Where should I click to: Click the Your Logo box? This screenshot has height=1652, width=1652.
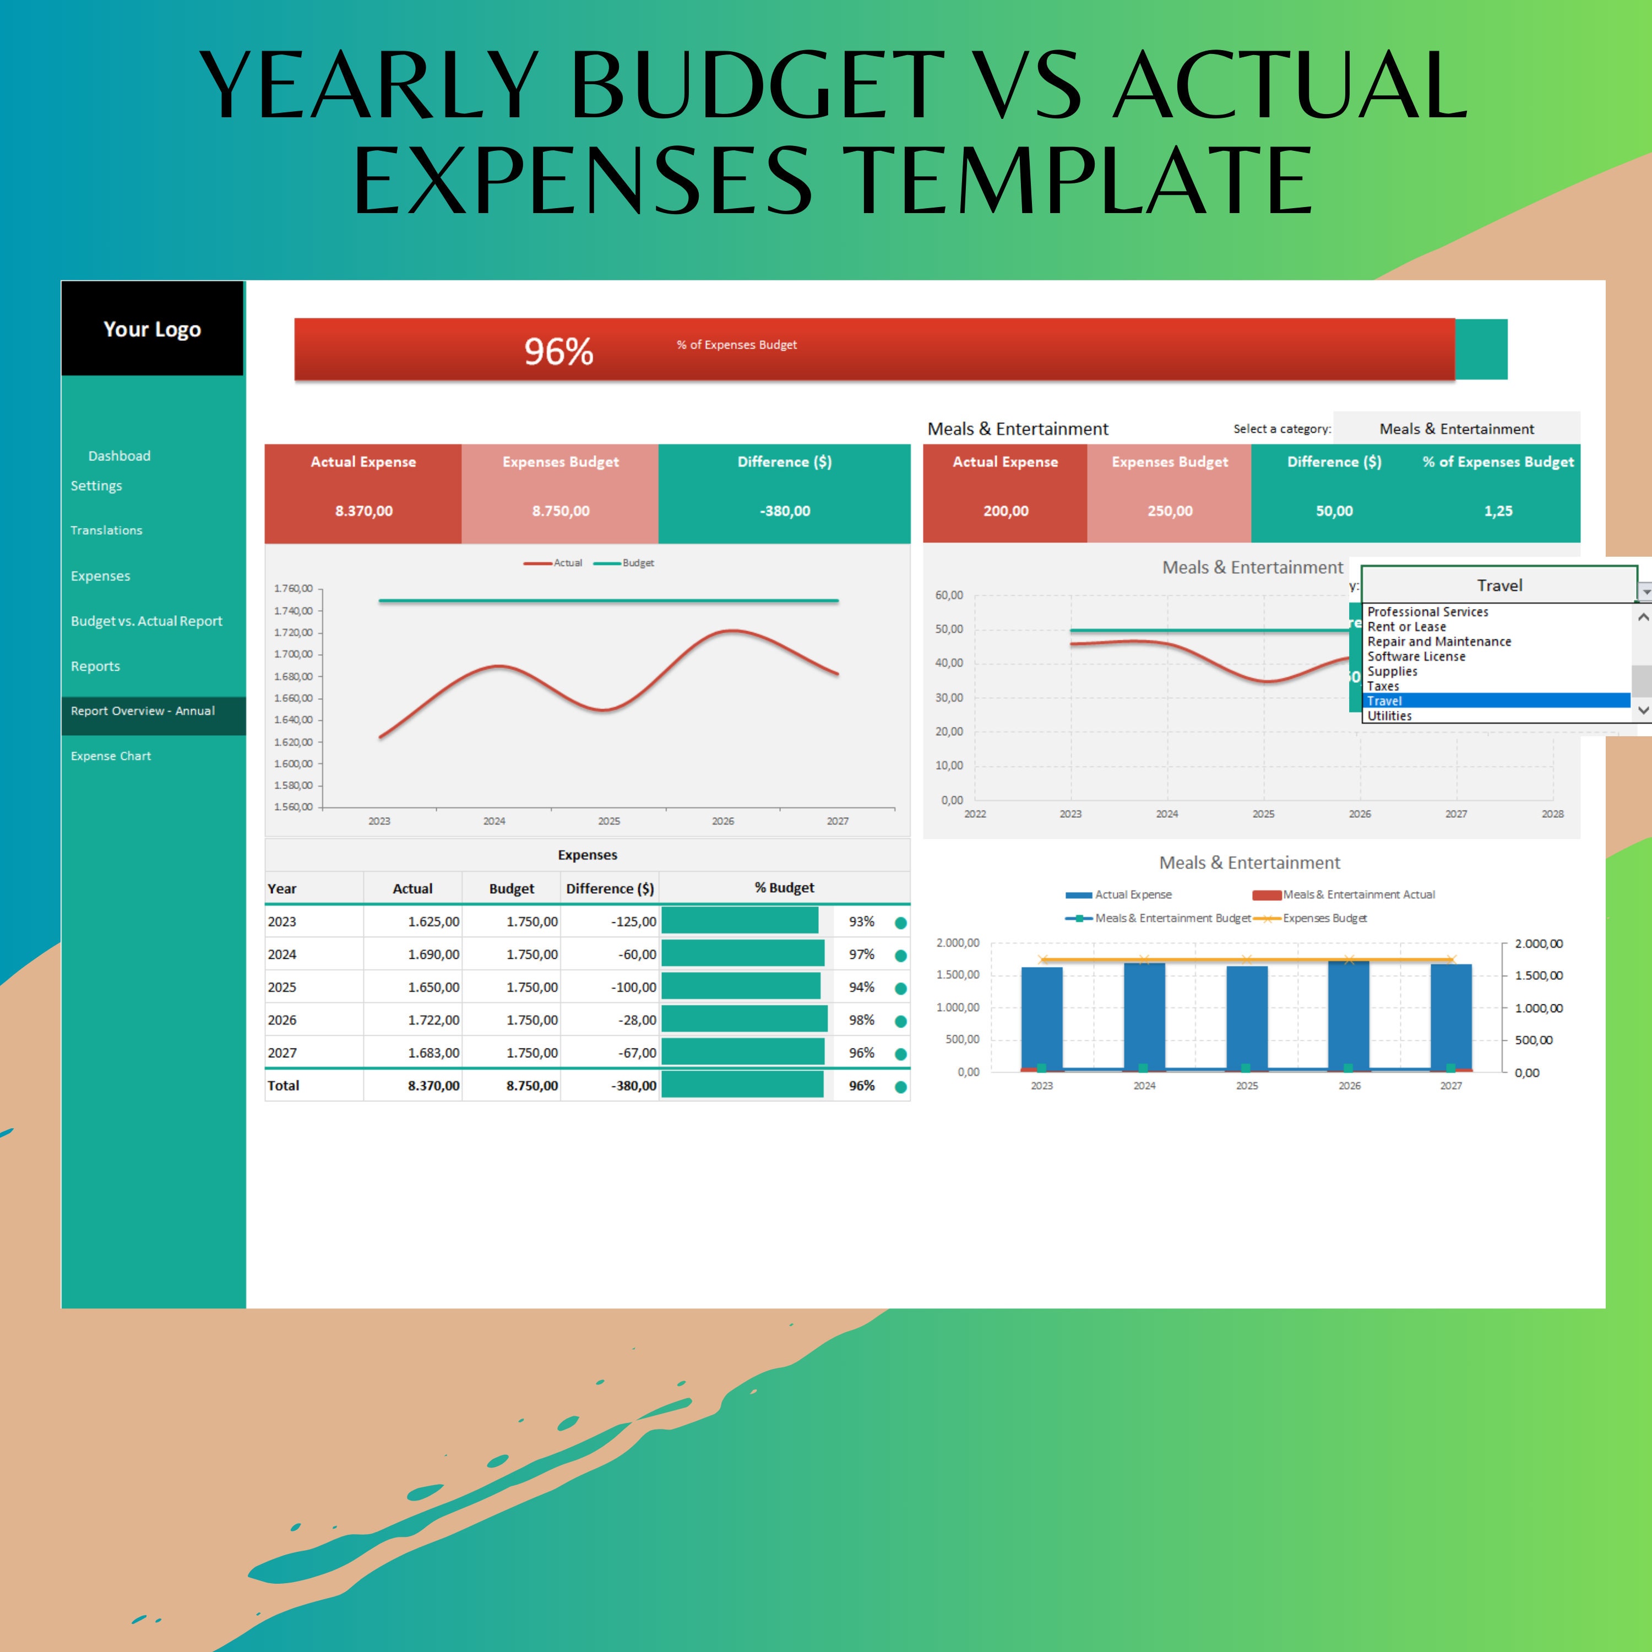[152, 329]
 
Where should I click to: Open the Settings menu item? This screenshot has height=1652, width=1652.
[96, 486]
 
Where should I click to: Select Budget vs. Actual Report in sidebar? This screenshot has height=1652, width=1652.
[146, 621]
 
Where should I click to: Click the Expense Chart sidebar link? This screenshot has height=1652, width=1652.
[111, 756]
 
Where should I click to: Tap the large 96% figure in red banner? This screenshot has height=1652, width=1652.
[558, 351]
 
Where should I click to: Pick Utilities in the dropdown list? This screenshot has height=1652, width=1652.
[1389, 716]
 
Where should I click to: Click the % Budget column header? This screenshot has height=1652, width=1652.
[784, 888]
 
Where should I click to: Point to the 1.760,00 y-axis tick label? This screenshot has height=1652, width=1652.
[294, 588]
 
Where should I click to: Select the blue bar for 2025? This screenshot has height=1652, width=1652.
[1247, 1018]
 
